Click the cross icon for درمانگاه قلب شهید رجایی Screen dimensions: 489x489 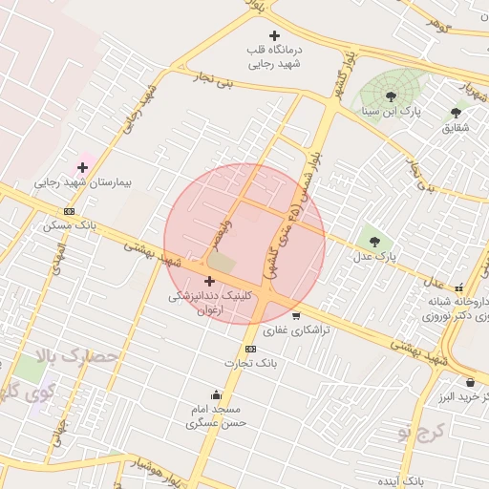click(274, 36)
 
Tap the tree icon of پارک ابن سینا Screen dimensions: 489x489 click(392, 96)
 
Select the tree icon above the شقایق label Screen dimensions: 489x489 click(456, 113)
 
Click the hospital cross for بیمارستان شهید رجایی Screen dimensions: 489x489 click(83, 167)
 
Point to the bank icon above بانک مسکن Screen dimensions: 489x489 click(69, 212)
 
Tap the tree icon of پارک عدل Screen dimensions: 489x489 click(373, 242)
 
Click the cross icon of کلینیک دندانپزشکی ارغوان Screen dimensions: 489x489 click(209, 282)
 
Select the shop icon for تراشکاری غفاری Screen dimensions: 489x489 click(296, 316)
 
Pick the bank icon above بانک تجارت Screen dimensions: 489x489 click(250, 349)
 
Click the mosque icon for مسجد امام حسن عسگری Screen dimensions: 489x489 click(217, 395)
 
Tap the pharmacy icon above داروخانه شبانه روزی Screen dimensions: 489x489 click(459, 287)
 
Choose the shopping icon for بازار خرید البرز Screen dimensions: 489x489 click(470, 383)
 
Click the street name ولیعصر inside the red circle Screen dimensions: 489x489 click(217, 230)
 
